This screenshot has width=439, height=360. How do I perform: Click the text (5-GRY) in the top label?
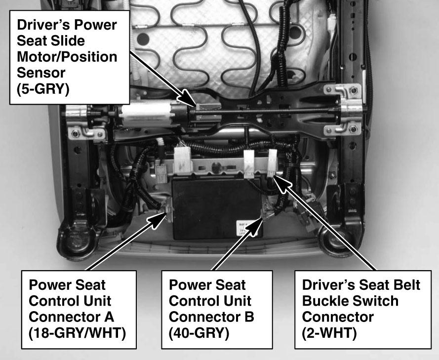43,89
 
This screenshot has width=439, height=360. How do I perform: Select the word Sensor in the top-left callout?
41,73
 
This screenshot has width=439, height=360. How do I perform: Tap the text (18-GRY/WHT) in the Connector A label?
77,333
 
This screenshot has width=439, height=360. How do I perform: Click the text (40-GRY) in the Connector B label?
199,333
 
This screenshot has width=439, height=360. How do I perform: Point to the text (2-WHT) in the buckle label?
329,333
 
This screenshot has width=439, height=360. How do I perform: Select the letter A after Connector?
109,317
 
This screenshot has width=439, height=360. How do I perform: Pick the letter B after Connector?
249,317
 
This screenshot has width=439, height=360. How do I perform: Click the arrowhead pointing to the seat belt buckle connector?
281,184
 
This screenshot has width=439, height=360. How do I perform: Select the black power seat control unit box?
217,208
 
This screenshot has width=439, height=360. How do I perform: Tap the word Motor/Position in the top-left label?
67,57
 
